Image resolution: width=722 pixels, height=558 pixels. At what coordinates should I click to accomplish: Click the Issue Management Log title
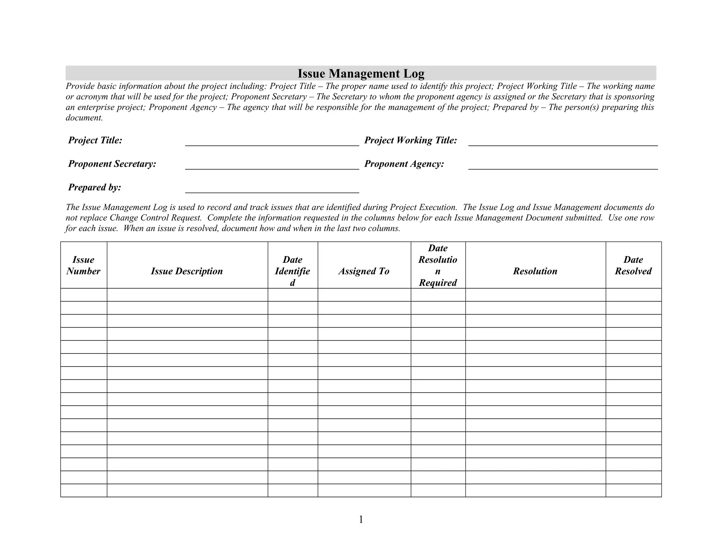(361, 73)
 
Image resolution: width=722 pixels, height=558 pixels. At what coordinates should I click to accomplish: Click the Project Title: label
(95, 140)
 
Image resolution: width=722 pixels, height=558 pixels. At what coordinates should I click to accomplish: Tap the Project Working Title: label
(410, 140)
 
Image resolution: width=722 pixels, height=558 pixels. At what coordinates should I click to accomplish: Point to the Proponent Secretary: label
(112, 164)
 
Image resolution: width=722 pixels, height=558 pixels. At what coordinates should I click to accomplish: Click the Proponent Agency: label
(404, 164)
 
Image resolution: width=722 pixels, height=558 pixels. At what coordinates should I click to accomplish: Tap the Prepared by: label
(94, 187)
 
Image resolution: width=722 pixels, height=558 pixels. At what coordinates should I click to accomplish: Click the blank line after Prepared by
(272, 189)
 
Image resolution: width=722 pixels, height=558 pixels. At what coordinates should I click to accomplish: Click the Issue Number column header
(84, 265)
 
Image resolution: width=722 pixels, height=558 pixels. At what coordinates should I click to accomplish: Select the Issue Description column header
(187, 271)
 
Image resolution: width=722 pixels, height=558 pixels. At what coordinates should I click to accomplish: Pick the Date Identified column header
(292, 271)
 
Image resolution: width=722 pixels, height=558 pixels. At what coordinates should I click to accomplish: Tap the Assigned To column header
(364, 271)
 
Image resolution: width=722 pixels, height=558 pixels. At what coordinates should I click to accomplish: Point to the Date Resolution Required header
(438, 265)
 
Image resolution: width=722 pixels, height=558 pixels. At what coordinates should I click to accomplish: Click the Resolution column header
(535, 271)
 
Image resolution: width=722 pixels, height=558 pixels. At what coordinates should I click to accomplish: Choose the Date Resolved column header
(633, 265)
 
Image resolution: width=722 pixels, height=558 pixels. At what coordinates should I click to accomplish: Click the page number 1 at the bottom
(361, 519)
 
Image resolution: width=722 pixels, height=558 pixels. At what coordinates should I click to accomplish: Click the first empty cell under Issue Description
(187, 295)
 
